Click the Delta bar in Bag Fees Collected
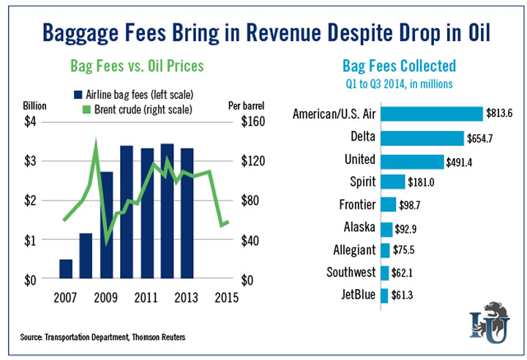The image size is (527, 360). point(422,138)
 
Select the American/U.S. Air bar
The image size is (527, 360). point(432,114)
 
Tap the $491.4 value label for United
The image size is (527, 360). point(463,162)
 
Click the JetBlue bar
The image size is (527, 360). point(384,296)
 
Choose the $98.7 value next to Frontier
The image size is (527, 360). point(414,205)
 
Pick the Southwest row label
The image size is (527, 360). point(348,273)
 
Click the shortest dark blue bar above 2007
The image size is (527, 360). point(66,269)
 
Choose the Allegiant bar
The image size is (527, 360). point(386,250)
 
